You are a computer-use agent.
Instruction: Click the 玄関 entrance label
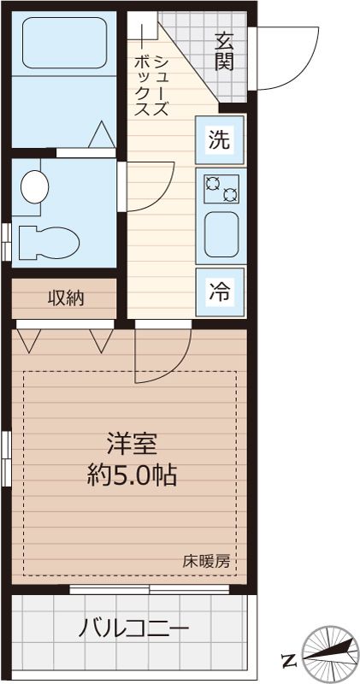coord(225,50)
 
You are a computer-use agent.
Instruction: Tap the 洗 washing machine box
coord(220,140)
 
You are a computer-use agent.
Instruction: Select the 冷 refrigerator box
coord(220,291)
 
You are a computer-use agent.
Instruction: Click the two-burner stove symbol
coord(221,188)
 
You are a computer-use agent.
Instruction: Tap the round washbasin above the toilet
coord(35,186)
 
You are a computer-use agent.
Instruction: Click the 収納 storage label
coord(65,298)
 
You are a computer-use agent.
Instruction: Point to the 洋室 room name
coord(133,445)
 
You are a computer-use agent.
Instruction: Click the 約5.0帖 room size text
coord(133,475)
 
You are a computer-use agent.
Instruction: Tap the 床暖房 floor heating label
coord(205,562)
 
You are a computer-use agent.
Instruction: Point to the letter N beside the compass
coord(288,659)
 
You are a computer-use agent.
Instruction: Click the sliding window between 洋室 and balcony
coord(150,589)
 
